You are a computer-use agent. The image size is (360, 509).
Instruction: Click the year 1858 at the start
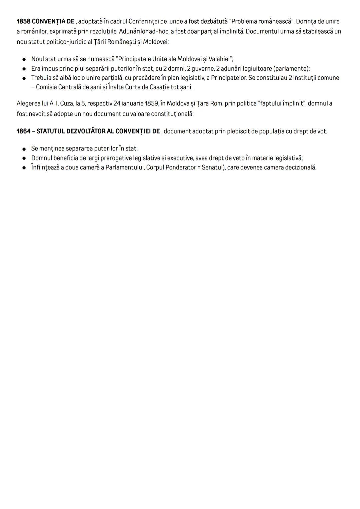click(23, 22)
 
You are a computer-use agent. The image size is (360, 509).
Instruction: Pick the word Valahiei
click(220, 59)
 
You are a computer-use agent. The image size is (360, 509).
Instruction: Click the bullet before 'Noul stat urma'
click(24, 59)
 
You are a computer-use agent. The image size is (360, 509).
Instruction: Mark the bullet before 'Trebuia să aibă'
click(24, 78)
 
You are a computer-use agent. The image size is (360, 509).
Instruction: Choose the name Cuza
click(64, 103)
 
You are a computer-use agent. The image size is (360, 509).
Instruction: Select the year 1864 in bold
click(23, 131)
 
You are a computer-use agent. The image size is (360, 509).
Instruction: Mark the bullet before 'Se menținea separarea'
click(24, 149)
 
